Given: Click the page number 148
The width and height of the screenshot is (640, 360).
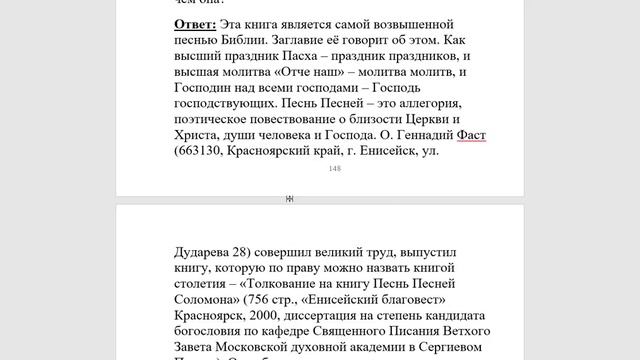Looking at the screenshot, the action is click(x=334, y=169).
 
